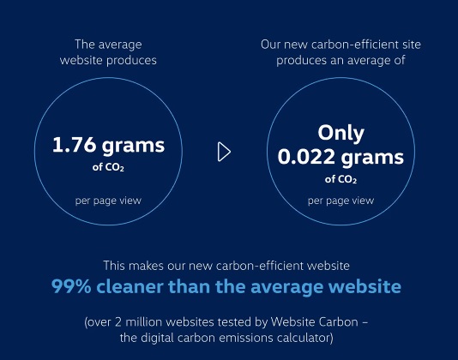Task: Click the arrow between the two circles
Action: pyautogui.click(x=224, y=152)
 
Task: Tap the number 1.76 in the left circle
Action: pyautogui.click(x=75, y=145)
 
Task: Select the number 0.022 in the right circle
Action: pyautogui.click(x=306, y=157)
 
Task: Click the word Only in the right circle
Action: pyautogui.click(x=340, y=133)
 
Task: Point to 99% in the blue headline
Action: pyautogui.click(x=71, y=286)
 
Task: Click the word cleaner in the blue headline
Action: pyautogui.click(x=130, y=286)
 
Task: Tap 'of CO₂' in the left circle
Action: pyautogui.click(x=108, y=167)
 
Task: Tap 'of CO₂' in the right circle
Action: pyautogui.click(x=340, y=179)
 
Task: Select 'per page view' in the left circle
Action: pyautogui.click(x=108, y=201)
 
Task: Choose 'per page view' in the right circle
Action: pyautogui.click(x=340, y=201)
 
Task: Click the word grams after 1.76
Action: pyautogui.click(x=134, y=146)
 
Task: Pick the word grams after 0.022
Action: pyautogui.click(x=372, y=158)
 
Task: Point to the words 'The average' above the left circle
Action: pyautogui.click(x=108, y=45)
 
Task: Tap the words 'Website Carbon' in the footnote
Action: pyautogui.click(x=314, y=322)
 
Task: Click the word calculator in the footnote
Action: pyautogui.click(x=304, y=338)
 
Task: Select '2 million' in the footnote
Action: pyautogui.click(x=138, y=322)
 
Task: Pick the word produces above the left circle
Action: pyautogui.click(x=131, y=61)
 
